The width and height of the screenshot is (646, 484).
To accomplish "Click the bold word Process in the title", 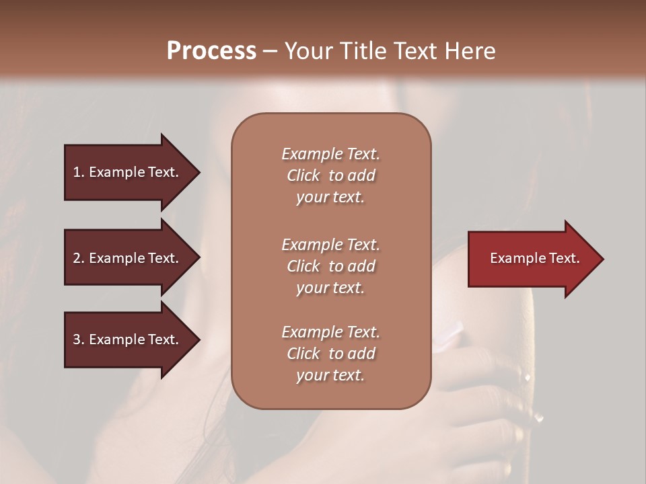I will tap(211, 51).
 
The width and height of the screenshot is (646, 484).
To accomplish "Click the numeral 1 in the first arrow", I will tap(77, 172).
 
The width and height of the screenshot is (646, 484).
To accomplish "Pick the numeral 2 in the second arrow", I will tap(77, 258).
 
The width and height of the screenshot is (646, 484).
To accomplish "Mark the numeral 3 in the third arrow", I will tap(77, 339).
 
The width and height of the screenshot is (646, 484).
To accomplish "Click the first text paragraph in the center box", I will tap(330, 175).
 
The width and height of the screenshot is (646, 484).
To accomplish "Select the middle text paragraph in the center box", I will tap(330, 266).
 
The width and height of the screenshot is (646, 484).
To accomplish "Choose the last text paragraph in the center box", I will tap(330, 354).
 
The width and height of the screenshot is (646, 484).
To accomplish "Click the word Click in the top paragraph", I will tap(303, 175).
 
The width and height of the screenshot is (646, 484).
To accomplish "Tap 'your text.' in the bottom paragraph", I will tap(330, 375).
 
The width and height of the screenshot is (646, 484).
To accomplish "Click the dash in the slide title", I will tap(270, 52).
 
